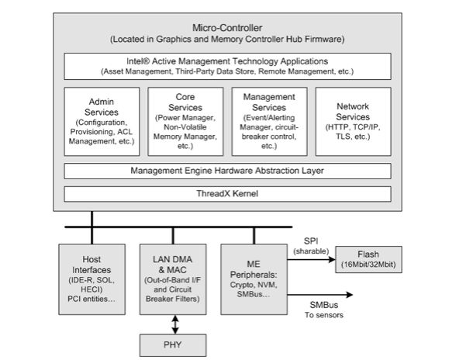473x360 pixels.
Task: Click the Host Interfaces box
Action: (91, 277)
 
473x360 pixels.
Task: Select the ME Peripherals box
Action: (255, 277)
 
